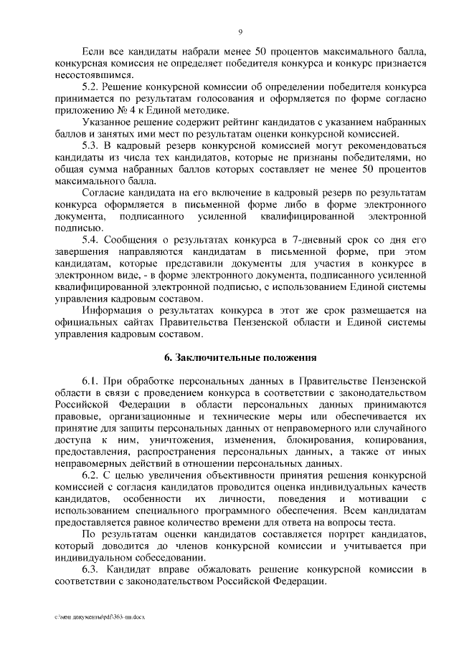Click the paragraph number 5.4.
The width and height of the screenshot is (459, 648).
pos(94,239)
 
